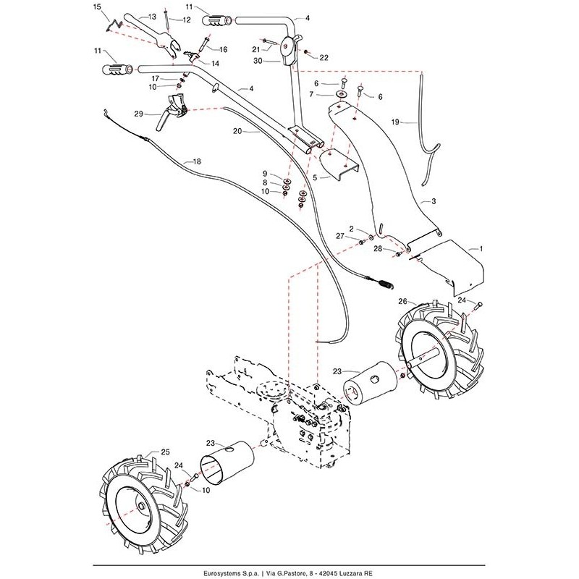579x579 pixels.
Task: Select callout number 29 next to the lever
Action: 138,113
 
